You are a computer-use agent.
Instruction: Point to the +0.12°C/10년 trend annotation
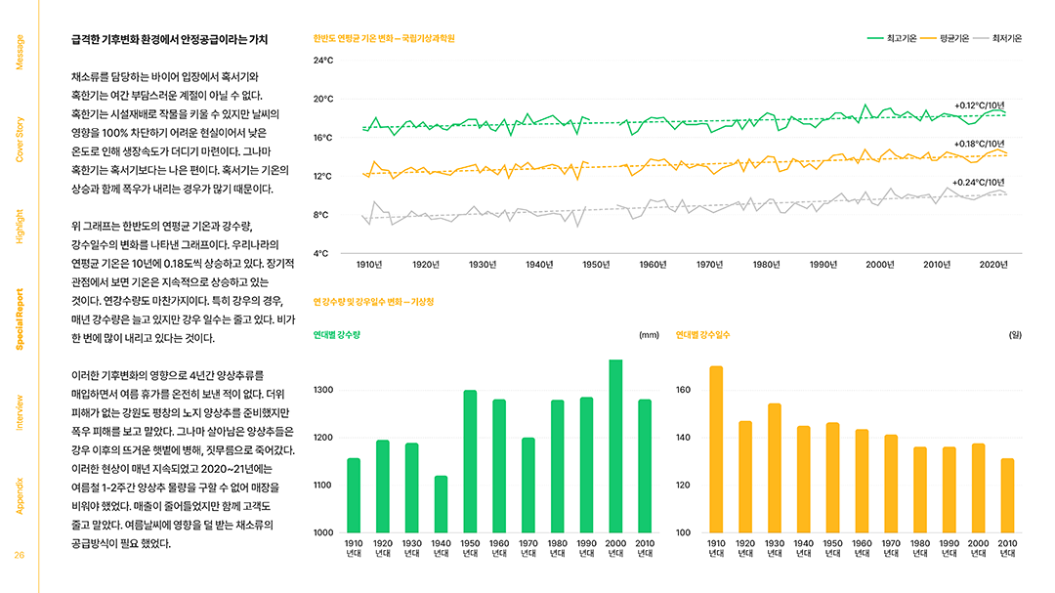click(x=979, y=106)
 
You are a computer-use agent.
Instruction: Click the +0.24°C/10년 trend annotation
click(x=979, y=183)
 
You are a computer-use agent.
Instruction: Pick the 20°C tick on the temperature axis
click(x=323, y=99)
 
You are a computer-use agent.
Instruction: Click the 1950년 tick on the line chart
click(x=595, y=264)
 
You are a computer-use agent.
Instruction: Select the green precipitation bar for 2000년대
click(x=615, y=445)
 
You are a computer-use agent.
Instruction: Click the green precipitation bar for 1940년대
click(x=441, y=504)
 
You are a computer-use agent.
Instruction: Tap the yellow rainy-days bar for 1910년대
click(x=716, y=449)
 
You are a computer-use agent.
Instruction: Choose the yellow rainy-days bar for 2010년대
click(x=1007, y=495)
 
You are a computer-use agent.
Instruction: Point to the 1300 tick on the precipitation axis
click(x=323, y=391)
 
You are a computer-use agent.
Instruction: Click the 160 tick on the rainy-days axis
click(x=684, y=391)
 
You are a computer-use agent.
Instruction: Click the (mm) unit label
click(x=649, y=335)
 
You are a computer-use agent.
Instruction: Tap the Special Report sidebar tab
click(x=21, y=320)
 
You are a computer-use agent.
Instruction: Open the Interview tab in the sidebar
click(x=21, y=412)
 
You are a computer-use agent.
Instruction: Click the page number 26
click(x=20, y=556)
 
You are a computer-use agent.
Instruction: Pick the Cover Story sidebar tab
click(x=21, y=139)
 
